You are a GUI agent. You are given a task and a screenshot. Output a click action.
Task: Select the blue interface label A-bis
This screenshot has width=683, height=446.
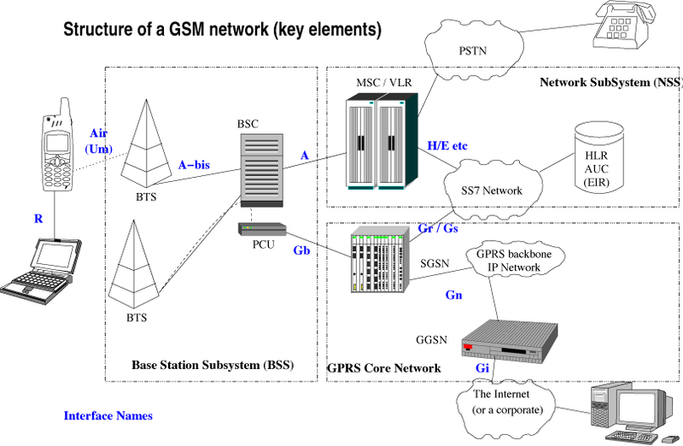[194, 163]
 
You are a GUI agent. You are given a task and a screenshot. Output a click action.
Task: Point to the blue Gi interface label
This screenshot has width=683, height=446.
[483, 367]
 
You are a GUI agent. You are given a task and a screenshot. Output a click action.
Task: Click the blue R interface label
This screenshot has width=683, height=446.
[38, 220]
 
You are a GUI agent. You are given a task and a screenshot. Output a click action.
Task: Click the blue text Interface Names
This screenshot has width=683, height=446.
[108, 416]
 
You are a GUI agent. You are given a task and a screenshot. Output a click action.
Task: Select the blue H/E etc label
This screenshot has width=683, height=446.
[447, 146]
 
